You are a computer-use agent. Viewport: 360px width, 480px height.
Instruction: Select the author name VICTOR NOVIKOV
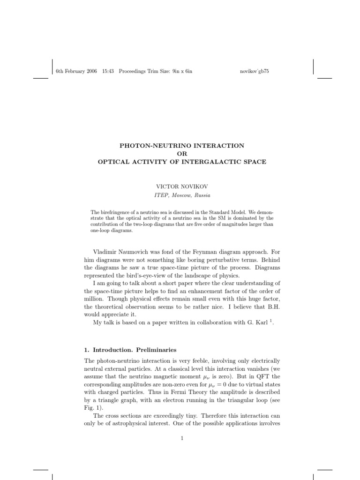[181, 187]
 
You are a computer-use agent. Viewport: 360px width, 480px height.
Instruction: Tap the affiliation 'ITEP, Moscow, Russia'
[181, 195]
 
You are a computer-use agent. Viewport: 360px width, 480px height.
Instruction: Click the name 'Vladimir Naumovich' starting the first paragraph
[123, 252]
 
